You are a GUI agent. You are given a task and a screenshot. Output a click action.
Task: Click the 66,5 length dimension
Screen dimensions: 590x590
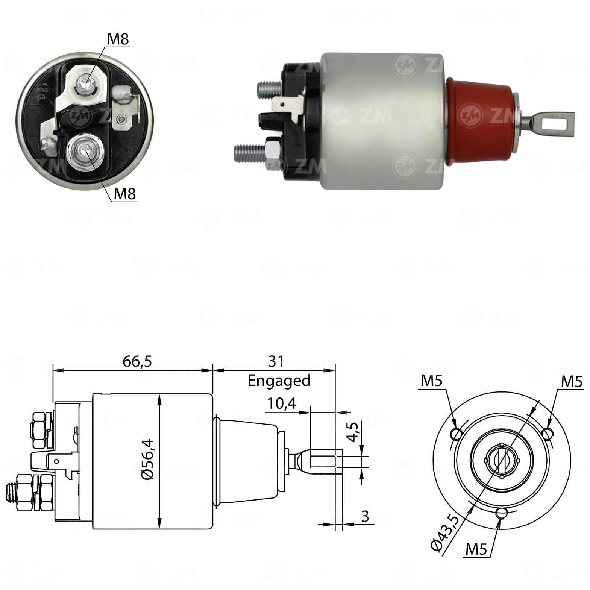pyautogui.click(x=137, y=361)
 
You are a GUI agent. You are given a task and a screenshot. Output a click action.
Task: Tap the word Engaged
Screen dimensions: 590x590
pyautogui.click(x=279, y=381)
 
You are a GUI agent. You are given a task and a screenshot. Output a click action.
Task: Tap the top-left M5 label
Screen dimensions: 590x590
pyautogui.click(x=432, y=381)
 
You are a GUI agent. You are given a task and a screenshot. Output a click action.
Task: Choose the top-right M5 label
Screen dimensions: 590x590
pyautogui.click(x=572, y=382)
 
